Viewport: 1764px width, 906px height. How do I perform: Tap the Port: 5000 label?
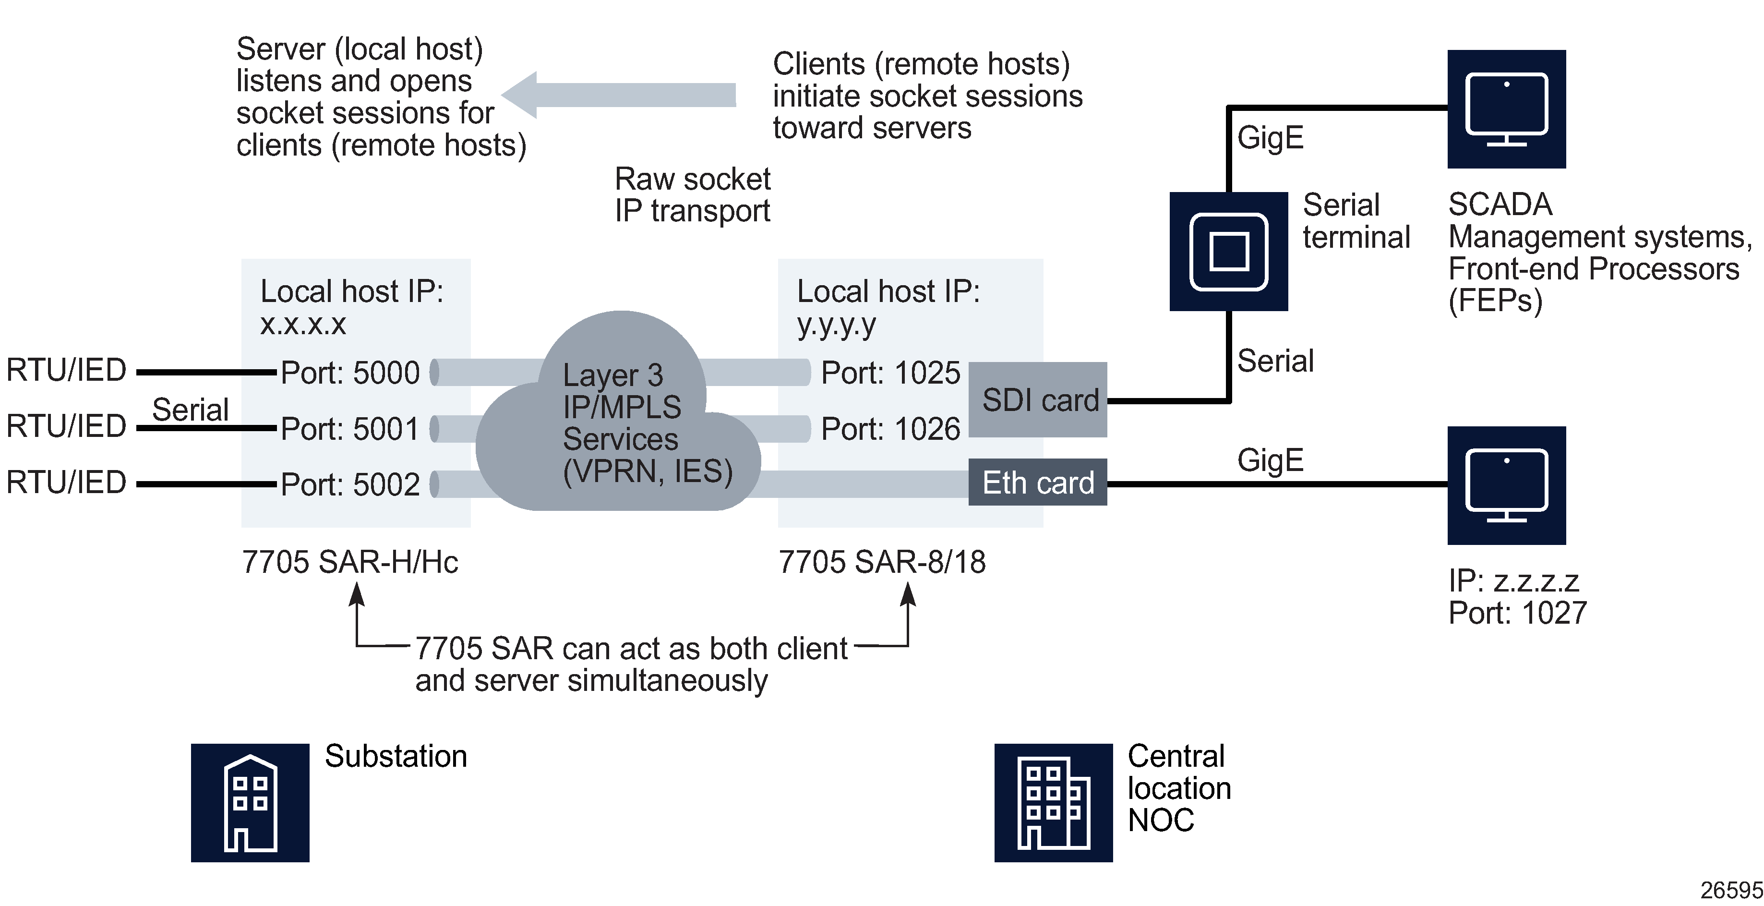350,373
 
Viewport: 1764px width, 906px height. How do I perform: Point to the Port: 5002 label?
350,485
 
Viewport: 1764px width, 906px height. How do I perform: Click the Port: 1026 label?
890,429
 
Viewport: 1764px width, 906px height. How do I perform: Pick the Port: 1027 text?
1517,613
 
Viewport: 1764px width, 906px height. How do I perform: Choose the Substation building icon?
250,803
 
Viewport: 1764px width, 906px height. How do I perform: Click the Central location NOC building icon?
1053,803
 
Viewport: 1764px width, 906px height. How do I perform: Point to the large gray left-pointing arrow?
616,95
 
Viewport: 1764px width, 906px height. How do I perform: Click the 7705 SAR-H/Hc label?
350,562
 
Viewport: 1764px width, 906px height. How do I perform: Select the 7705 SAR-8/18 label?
882,562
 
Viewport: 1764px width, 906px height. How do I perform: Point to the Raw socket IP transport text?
692,195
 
